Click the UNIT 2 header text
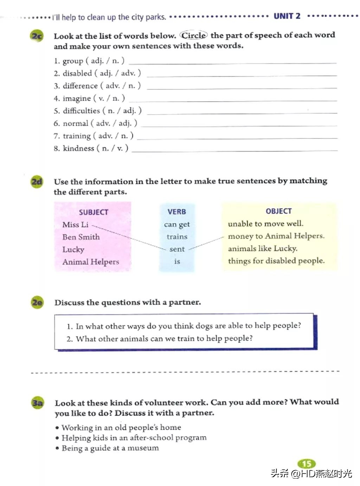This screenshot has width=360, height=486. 287,16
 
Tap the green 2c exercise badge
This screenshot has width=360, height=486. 37,36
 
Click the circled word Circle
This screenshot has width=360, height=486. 194,35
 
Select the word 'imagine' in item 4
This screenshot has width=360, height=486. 77,98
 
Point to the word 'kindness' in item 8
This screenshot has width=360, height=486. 78,148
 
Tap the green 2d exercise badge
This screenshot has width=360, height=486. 37,182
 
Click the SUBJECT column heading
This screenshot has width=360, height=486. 94,212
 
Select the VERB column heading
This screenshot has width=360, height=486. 176,212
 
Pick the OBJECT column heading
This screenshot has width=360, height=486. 278,211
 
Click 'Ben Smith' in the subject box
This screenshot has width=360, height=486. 81,237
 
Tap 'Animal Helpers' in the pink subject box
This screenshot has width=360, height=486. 91,262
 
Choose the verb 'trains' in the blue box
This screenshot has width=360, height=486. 177,237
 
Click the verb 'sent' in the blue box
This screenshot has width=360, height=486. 177,249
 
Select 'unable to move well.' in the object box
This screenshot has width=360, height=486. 265,224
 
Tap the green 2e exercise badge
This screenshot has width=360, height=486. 37,302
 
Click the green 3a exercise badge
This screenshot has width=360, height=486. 38,403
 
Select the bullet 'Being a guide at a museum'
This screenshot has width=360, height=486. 110,448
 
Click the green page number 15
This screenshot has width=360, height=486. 307,464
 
